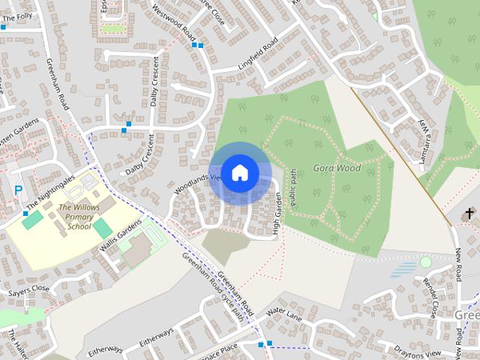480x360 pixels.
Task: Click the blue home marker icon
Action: point(240,172)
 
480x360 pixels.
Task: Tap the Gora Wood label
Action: point(337,168)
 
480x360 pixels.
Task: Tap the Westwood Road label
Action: point(174,22)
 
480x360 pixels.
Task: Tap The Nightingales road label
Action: point(50,192)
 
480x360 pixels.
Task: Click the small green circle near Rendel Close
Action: point(426,262)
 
